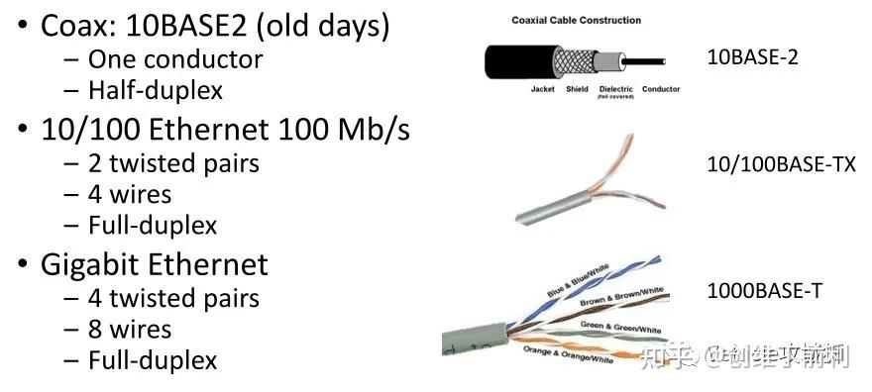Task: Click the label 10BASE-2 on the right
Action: pos(752,57)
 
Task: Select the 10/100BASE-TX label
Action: pos(781,165)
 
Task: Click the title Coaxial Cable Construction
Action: pos(576,20)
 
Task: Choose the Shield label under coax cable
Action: pos(577,89)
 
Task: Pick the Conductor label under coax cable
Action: pos(661,89)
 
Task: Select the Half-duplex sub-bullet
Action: pos(156,90)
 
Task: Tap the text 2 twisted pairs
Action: pos(174,163)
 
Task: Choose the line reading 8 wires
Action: pos(130,330)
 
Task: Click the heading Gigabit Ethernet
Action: pos(154,265)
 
